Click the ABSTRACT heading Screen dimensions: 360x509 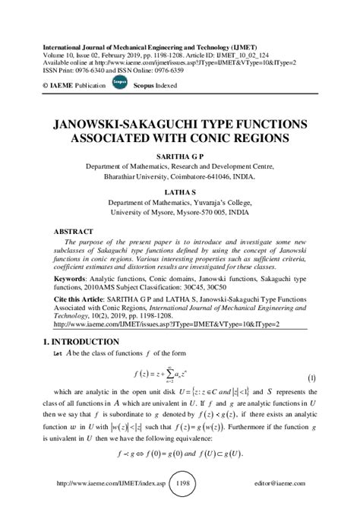(x=73, y=230)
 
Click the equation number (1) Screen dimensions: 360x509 (x=311, y=378)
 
